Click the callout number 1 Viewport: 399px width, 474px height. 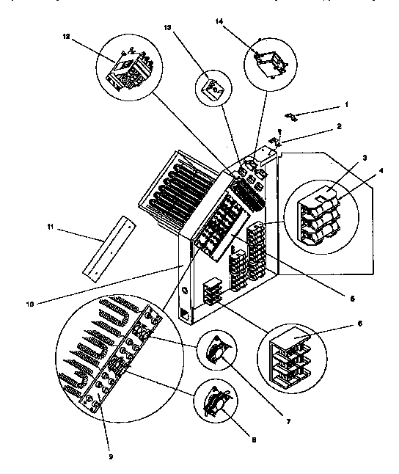(x=347, y=106)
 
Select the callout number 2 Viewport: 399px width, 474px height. (x=340, y=127)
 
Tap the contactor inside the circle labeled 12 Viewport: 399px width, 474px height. (x=129, y=70)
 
